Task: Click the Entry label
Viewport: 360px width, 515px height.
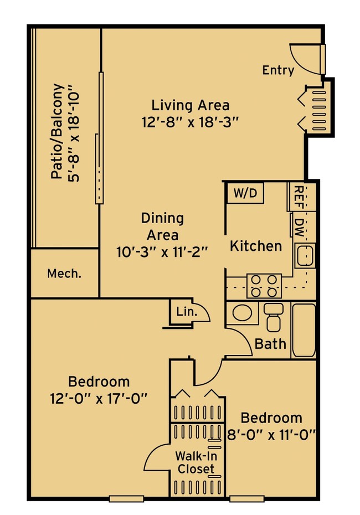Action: (x=278, y=70)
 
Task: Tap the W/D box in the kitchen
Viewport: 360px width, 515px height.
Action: (x=245, y=193)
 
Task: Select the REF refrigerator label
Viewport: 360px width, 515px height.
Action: (x=299, y=197)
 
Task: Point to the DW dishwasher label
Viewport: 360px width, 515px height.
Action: (x=299, y=228)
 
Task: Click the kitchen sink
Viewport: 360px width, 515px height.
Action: (x=305, y=255)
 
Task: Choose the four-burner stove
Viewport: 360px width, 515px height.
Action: (x=264, y=285)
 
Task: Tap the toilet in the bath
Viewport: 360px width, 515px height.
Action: (x=273, y=317)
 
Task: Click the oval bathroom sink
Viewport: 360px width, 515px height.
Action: (x=243, y=313)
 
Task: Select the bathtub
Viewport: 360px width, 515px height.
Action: (x=304, y=330)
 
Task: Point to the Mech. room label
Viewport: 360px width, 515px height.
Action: (x=64, y=273)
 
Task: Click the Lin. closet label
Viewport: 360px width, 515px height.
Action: (x=187, y=311)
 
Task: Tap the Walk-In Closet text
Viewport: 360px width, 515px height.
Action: (x=196, y=462)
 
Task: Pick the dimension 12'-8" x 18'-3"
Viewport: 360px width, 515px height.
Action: (x=190, y=122)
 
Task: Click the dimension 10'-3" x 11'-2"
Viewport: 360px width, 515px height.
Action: (x=162, y=253)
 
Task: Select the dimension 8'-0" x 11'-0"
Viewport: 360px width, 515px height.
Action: (x=271, y=435)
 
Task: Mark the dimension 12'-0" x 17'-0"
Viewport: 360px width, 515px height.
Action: (x=99, y=399)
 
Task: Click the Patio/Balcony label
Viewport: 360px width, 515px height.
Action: (x=57, y=131)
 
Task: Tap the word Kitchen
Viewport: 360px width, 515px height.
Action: (x=255, y=246)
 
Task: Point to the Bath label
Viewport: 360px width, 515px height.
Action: (x=270, y=344)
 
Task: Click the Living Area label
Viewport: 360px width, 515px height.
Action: (x=190, y=105)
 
